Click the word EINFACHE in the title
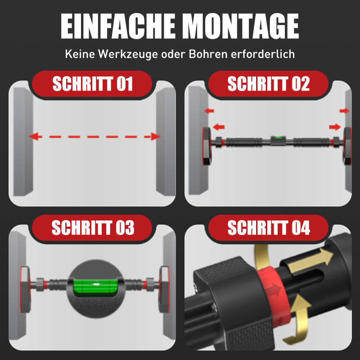[118, 26]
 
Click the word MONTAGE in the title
[242, 26]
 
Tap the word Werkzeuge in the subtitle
[128, 54]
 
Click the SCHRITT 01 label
[93, 84]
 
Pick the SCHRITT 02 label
[268, 84]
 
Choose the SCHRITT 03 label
[93, 228]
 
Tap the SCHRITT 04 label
[269, 228]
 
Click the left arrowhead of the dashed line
[35, 136]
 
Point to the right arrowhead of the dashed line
[155, 136]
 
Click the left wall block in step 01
[23, 141]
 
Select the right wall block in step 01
[166, 141]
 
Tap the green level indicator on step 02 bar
[278, 138]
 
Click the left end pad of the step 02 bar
[207, 146]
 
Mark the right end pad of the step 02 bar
[347, 146]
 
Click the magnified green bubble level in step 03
[96, 287]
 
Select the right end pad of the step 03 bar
[164, 289]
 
